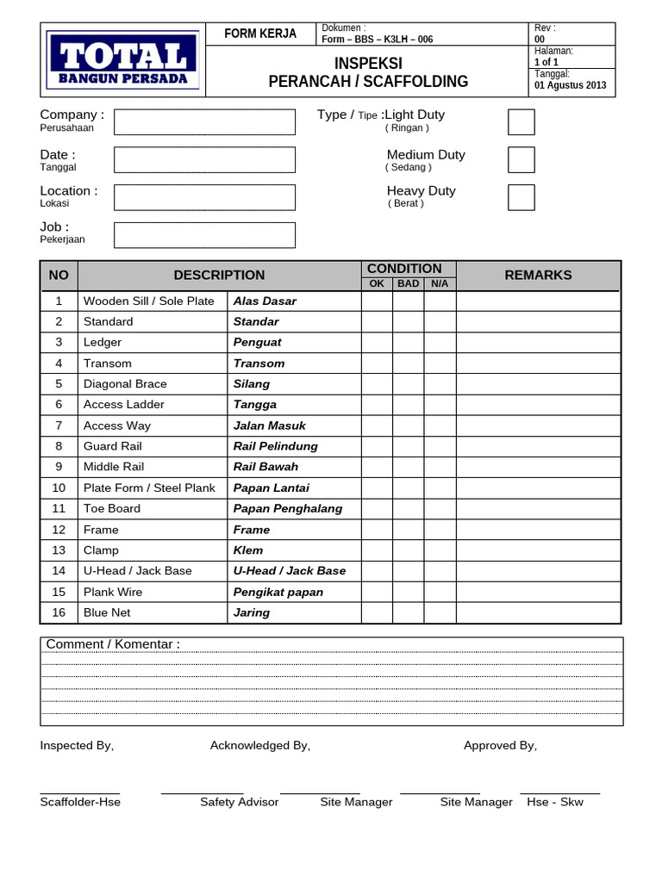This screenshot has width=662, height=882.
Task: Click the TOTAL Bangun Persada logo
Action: (x=122, y=60)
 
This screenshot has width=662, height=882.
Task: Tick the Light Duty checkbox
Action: (x=521, y=122)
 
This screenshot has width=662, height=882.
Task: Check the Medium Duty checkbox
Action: (x=521, y=160)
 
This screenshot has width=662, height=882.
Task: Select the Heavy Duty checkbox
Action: (x=521, y=197)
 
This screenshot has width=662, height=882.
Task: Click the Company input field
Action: (x=204, y=122)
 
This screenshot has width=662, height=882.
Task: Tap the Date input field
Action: (x=204, y=160)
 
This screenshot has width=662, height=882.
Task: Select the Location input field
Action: (x=204, y=197)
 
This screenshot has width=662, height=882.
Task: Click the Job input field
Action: (x=204, y=235)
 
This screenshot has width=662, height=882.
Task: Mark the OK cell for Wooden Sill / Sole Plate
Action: (x=377, y=301)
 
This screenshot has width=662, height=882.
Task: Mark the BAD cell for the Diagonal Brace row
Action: (x=409, y=384)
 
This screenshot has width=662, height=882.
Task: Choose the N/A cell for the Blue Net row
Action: (x=440, y=612)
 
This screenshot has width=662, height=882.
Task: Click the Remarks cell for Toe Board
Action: (x=538, y=509)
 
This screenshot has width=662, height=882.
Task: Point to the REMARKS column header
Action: (x=538, y=275)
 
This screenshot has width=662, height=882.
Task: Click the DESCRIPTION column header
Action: (x=219, y=275)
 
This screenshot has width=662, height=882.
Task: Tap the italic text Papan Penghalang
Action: (x=288, y=509)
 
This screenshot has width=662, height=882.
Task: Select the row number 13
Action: (x=59, y=550)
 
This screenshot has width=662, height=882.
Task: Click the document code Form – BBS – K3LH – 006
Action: (x=377, y=39)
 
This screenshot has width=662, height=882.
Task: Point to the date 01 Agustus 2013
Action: (x=570, y=85)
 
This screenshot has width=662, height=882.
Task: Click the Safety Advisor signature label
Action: (x=239, y=802)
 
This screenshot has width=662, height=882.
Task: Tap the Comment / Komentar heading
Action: (x=113, y=645)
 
